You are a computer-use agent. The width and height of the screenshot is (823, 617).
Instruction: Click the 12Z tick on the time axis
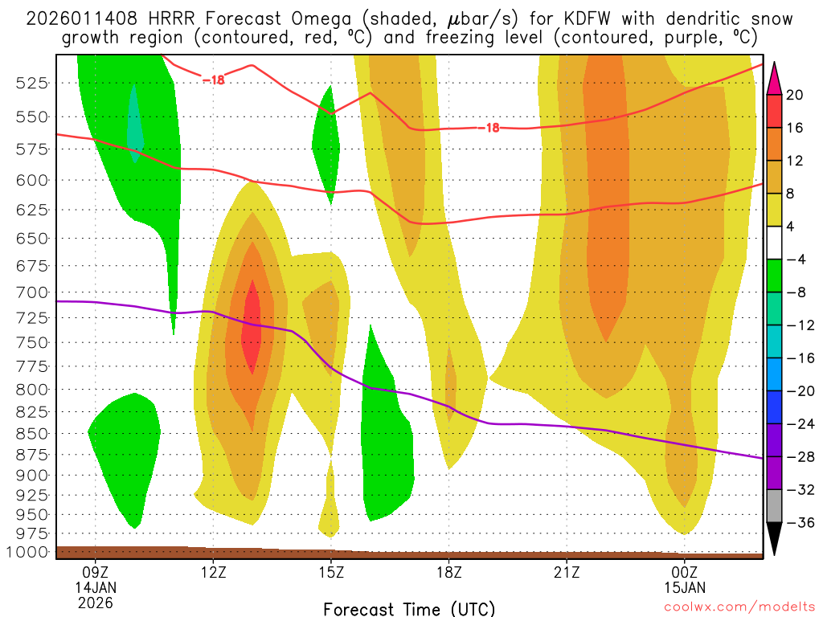coord(213,573)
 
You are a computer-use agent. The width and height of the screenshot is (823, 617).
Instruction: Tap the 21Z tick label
coord(567,573)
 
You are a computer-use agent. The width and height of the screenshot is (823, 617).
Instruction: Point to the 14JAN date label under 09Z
coord(96,587)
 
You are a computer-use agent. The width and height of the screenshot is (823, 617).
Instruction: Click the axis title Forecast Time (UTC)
coord(409,608)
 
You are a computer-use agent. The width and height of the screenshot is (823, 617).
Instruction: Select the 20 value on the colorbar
coord(795,95)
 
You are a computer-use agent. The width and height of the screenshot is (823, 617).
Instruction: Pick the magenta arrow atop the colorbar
coord(775,76)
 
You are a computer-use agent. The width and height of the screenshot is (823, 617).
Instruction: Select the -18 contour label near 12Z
coord(213,80)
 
